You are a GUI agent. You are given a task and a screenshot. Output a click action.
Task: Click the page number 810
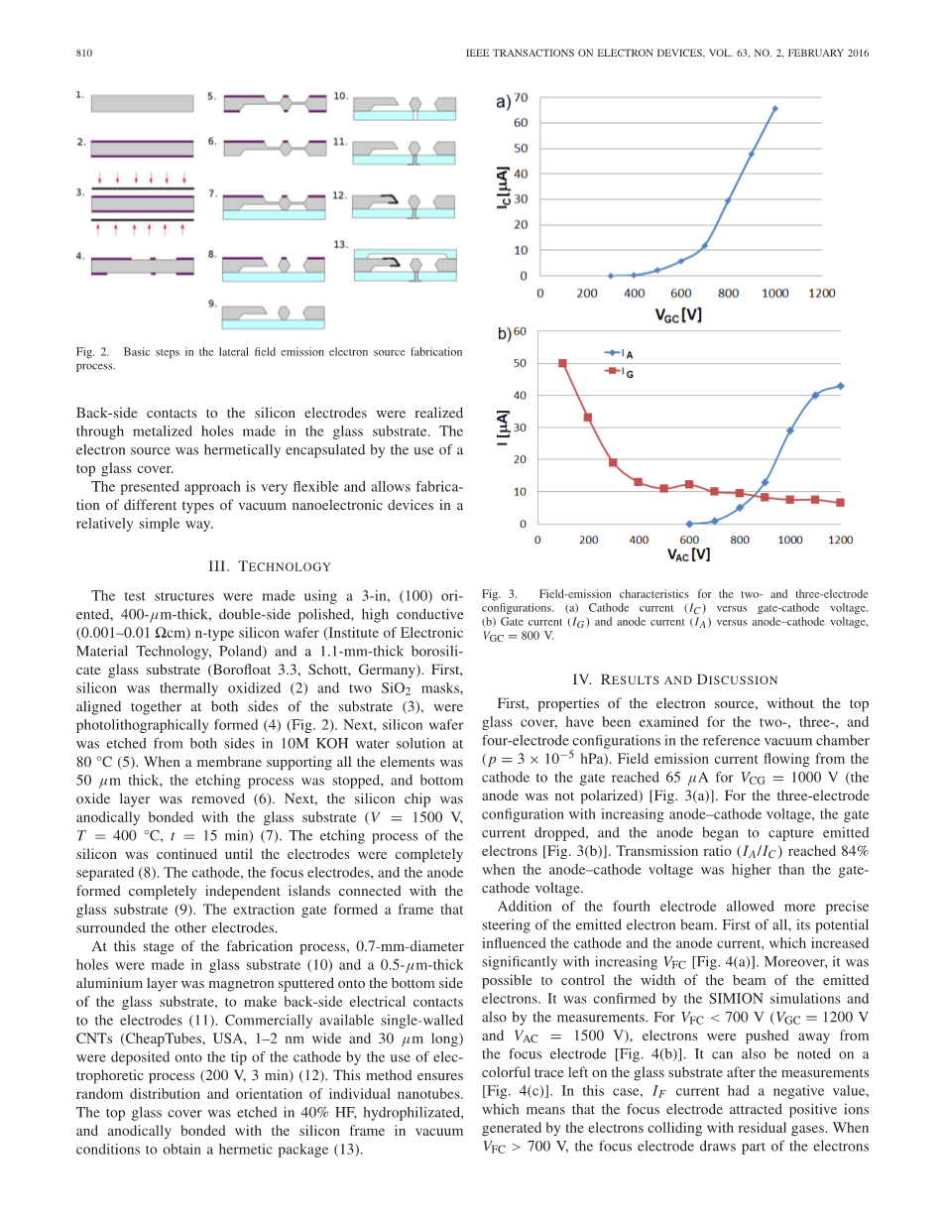[84, 53]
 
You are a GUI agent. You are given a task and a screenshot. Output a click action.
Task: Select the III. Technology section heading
[269, 566]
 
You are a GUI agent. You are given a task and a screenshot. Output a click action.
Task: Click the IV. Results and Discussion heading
[675, 679]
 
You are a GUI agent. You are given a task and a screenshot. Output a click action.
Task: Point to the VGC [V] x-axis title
[679, 313]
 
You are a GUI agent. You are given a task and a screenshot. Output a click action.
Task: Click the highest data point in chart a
[774, 108]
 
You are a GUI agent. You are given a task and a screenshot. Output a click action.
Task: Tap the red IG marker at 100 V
[562, 363]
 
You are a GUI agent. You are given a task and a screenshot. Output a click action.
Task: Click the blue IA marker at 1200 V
[840, 386]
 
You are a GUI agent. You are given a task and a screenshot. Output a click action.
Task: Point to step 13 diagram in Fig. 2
[405, 265]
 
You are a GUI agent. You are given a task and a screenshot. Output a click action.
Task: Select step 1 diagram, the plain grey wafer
[142, 102]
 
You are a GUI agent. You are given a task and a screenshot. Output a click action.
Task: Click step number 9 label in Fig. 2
[212, 303]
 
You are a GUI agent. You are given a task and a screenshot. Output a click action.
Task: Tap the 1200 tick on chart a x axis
[821, 294]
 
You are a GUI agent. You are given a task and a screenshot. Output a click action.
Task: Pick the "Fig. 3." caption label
[494, 593]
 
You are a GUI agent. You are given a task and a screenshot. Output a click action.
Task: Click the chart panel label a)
[503, 101]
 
